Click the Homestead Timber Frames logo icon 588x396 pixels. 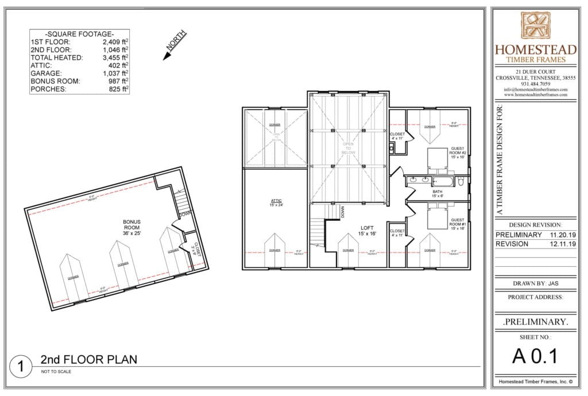tap(535, 26)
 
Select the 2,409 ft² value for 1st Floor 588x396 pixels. tap(115, 42)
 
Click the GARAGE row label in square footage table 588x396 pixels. tap(47, 73)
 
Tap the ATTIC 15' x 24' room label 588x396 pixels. tap(276, 203)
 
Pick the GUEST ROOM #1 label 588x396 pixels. tap(458, 224)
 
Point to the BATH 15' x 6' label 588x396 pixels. tap(437, 193)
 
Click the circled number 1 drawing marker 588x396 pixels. tap(21, 366)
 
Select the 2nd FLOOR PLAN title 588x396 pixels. tap(88, 360)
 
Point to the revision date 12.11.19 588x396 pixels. tap(563, 244)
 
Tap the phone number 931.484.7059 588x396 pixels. tap(535, 84)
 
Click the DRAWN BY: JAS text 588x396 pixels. tap(535, 283)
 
